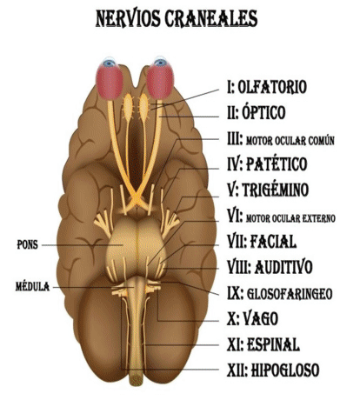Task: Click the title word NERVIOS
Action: click(x=128, y=18)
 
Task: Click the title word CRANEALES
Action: click(x=211, y=18)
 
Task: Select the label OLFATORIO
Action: click(x=272, y=87)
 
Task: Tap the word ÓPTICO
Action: click(x=263, y=112)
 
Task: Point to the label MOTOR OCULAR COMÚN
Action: click(x=290, y=141)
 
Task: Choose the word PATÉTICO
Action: click(x=277, y=164)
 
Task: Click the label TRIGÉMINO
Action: click(x=276, y=190)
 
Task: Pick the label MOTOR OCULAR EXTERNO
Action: click(x=290, y=218)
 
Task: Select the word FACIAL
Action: click(x=273, y=242)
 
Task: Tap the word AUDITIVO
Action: click(x=283, y=267)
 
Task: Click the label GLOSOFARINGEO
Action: click(x=290, y=294)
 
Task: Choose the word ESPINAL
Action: click(x=273, y=344)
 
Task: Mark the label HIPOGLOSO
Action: click(x=285, y=370)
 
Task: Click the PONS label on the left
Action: click(x=28, y=245)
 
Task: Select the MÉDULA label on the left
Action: click(x=32, y=287)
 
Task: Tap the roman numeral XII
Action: click(x=237, y=370)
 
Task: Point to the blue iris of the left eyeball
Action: click(x=110, y=63)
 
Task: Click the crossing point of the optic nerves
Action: click(x=136, y=199)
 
